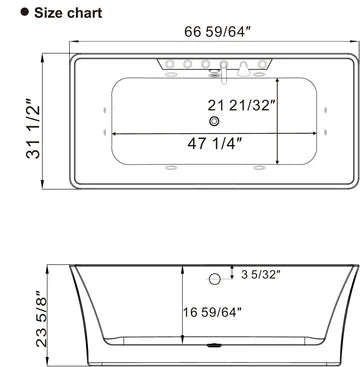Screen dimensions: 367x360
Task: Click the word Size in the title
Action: pyautogui.click(x=38, y=13)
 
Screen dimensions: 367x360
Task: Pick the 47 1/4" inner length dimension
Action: pyautogui.click(x=222, y=142)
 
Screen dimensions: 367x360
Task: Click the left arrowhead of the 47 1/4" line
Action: pyautogui.click(x=114, y=132)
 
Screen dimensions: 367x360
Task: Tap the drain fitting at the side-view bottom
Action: pyautogui.click(x=212, y=351)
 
